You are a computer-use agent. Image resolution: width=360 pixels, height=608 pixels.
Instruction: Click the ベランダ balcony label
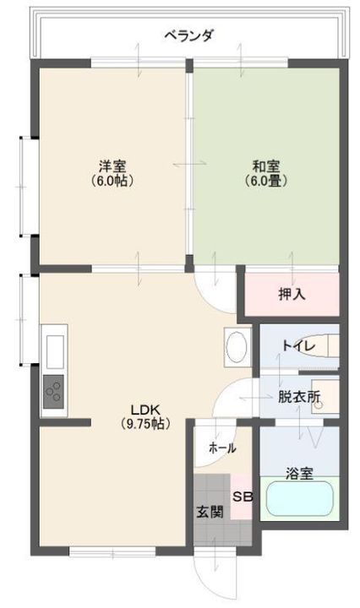click(x=189, y=36)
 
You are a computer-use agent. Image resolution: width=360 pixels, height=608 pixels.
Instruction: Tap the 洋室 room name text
click(x=112, y=166)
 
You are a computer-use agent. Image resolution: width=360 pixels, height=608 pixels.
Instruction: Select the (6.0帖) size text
click(x=112, y=181)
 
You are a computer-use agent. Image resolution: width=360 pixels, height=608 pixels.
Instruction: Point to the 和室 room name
click(x=265, y=166)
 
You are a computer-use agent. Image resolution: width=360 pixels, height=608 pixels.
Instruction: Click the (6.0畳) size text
click(x=266, y=181)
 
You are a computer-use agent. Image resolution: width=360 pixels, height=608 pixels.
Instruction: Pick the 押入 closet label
click(x=292, y=295)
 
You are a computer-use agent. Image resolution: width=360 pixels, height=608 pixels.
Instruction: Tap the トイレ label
click(x=298, y=345)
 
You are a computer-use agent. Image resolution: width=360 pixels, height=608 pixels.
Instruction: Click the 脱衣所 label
click(x=299, y=396)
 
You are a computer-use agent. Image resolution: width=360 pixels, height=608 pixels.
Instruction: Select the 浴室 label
click(x=299, y=474)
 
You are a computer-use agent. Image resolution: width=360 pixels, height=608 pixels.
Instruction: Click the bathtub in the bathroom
click(x=299, y=499)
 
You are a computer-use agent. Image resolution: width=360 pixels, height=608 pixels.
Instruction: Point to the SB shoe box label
click(x=243, y=497)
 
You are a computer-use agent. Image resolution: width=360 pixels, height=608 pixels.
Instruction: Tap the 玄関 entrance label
click(x=210, y=512)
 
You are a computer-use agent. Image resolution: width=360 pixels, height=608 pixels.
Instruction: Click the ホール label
click(x=222, y=448)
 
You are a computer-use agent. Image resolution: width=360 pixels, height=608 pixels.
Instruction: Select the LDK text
click(x=145, y=410)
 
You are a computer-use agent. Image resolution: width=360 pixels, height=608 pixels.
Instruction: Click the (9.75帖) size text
click(x=145, y=424)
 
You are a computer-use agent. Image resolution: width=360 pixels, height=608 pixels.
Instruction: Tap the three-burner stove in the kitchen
click(x=53, y=392)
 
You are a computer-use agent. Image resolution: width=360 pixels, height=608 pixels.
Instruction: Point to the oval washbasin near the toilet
click(x=237, y=346)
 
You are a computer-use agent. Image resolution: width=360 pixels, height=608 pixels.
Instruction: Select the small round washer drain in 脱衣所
click(x=319, y=405)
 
